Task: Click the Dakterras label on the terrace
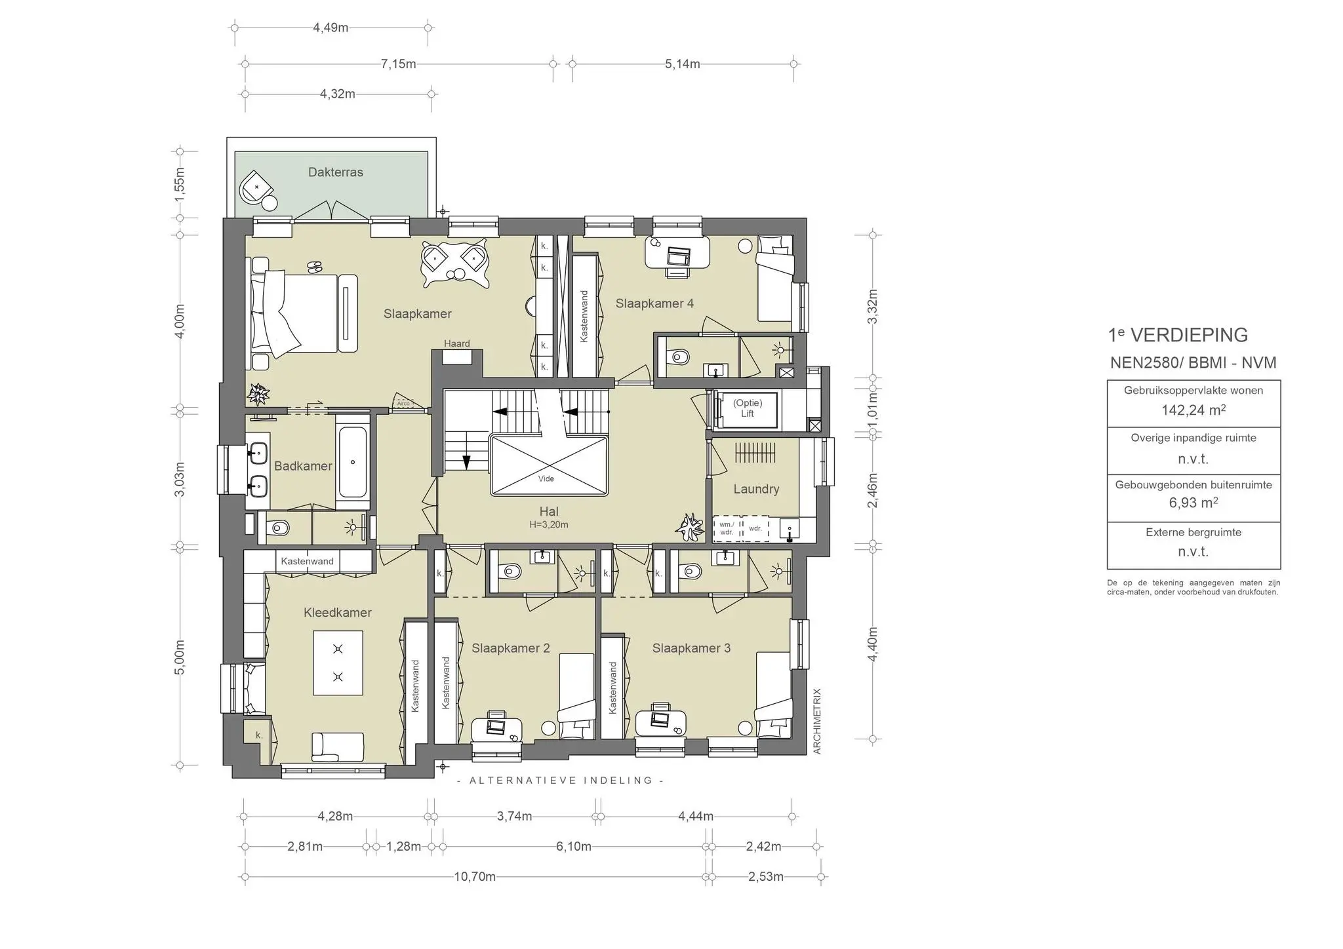[x=335, y=172]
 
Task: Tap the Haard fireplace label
[x=456, y=343]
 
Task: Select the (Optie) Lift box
[x=747, y=409]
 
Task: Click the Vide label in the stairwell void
[x=546, y=478]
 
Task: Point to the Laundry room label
[x=756, y=489]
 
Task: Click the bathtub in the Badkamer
[x=353, y=462]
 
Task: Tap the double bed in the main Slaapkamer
[x=302, y=315]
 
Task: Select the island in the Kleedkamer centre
[x=338, y=663]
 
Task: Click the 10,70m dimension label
[x=475, y=877]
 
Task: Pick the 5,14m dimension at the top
[x=683, y=64]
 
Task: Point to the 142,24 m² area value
[x=1193, y=410]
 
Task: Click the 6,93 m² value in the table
[x=1193, y=503]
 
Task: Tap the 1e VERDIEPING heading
[x=1178, y=335]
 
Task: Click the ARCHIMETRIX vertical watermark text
[x=817, y=721]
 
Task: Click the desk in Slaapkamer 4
[x=677, y=252]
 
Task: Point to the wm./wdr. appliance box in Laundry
[x=727, y=528]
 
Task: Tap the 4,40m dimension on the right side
[x=872, y=644]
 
